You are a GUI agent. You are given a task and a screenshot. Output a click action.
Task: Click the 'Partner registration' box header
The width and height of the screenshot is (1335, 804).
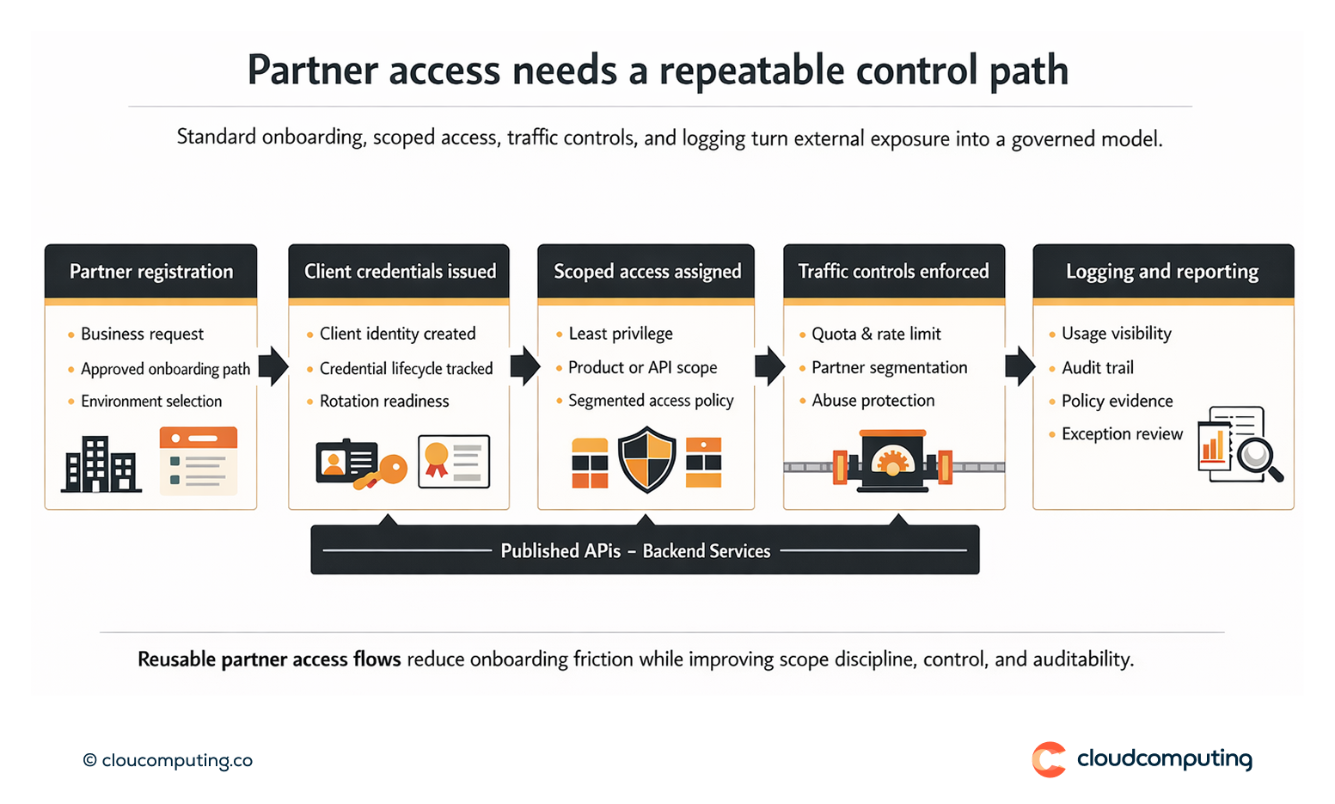click(x=150, y=272)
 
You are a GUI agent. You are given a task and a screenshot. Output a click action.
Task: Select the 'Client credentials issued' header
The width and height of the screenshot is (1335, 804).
click(x=399, y=272)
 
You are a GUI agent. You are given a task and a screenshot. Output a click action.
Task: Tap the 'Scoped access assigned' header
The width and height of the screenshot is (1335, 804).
click(x=646, y=272)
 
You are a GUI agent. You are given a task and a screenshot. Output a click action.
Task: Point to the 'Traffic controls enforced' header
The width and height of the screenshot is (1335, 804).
click(x=893, y=272)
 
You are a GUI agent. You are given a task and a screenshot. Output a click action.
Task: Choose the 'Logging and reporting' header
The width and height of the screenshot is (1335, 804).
click(x=1162, y=272)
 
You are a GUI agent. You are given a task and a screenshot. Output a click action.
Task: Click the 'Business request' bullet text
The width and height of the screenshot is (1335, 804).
click(x=142, y=334)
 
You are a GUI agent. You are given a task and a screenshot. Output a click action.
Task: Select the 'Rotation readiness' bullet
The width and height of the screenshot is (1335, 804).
click(x=384, y=401)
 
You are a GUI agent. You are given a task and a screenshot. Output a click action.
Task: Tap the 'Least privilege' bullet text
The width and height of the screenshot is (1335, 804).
click(x=620, y=334)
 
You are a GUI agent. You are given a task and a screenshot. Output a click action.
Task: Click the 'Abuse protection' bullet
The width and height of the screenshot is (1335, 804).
click(x=873, y=401)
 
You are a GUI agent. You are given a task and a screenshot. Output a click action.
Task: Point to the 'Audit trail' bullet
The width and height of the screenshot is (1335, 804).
click(x=1097, y=368)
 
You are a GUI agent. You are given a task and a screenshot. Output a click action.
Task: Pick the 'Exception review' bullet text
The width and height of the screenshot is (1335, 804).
click(x=1122, y=434)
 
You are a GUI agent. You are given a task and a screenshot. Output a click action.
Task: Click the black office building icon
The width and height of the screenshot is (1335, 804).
click(x=101, y=464)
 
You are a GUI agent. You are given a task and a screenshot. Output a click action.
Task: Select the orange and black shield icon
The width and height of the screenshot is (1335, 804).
click(x=646, y=462)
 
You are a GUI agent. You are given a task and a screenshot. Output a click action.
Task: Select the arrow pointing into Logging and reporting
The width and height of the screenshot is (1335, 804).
click(x=1020, y=367)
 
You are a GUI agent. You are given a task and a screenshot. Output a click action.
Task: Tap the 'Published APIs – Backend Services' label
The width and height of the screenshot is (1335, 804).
click(x=635, y=551)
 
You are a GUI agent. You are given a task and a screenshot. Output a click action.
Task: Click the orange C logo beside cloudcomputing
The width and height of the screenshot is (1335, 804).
click(x=1049, y=759)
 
